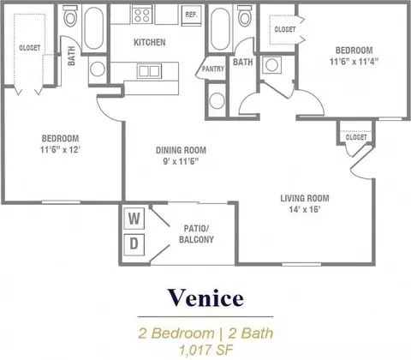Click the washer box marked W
click(134, 219)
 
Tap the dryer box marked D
click(134, 244)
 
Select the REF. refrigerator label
click(191, 15)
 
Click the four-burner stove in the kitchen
click(142, 15)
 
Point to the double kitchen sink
click(149, 71)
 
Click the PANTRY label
click(213, 69)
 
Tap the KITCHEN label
click(150, 43)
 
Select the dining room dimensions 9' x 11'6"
click(181, 161)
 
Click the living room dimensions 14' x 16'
click(305, 209)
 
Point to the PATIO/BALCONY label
click(196, 234)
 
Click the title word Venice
click(205, 298)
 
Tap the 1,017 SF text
click(206, 350)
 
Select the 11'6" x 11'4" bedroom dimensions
click(354, 62)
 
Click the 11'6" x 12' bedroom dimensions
click(60, 149)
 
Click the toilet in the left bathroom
click(70, 16)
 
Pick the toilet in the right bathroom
click(245, 16)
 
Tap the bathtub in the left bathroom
click(94, 28)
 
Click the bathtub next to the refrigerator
click(220, 29)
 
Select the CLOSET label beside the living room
click(356, 137)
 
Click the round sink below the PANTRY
click(217, 100)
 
